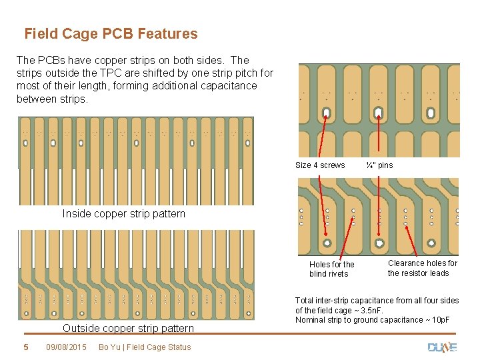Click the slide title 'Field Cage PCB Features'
point(111,33)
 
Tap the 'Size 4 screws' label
point(320,165)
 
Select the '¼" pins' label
point(379,165)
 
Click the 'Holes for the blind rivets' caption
point(332,269)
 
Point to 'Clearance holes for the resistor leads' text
point(423,268)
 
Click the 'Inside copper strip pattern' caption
point(123,214)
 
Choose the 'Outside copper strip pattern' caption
point(128,328)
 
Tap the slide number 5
point(26,347)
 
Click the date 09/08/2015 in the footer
point(67,347)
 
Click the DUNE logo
point(441,347)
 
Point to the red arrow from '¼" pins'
point(379,137)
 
